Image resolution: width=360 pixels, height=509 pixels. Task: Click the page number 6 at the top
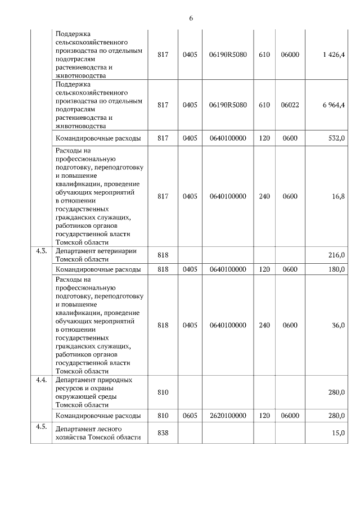pos(191,19)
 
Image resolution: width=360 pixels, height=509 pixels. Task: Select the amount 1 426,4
pos(334,55)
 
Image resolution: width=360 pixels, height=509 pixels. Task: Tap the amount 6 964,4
pos(334,105)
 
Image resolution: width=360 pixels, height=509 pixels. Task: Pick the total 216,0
pos(336,255)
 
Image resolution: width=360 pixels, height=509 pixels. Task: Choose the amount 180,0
pos(336,269)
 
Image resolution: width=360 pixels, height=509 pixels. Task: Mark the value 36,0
pos(338,325)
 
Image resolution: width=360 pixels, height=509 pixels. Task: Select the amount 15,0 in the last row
pos(338,432)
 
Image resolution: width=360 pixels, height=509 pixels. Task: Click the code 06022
pos(290,105)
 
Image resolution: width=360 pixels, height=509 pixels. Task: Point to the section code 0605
pos(190,416)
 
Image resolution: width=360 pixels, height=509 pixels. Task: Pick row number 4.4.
pos(41,380)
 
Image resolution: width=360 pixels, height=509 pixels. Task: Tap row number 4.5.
pos(41,426)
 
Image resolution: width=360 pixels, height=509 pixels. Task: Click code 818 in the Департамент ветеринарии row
pos(163,255)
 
